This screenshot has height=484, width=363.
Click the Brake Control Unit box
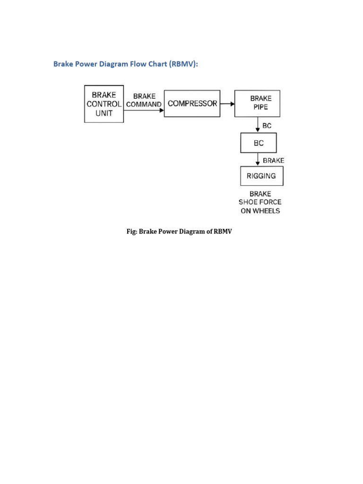[x=104, y=104]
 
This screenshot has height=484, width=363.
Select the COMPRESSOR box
[x=192, y=104]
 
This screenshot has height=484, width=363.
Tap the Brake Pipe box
[x=257, y=104]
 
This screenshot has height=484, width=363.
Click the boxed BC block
[x=258, y=143]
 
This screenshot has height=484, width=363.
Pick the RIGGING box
[x=261, y=176]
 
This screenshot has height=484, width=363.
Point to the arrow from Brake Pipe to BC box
[x=258, y=125]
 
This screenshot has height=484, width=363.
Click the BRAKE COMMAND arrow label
[x=144, y=100]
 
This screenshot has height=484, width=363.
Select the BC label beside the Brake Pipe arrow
[x=267, y=126]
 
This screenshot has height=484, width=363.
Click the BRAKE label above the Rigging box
[x=273, y=160]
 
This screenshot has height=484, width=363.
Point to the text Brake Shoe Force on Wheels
[x=259, y=202]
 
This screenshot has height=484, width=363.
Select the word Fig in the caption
[x=131, y=231]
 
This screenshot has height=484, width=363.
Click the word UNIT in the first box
[x=104, y=113]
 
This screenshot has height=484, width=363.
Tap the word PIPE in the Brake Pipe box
[x=260, y=107]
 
